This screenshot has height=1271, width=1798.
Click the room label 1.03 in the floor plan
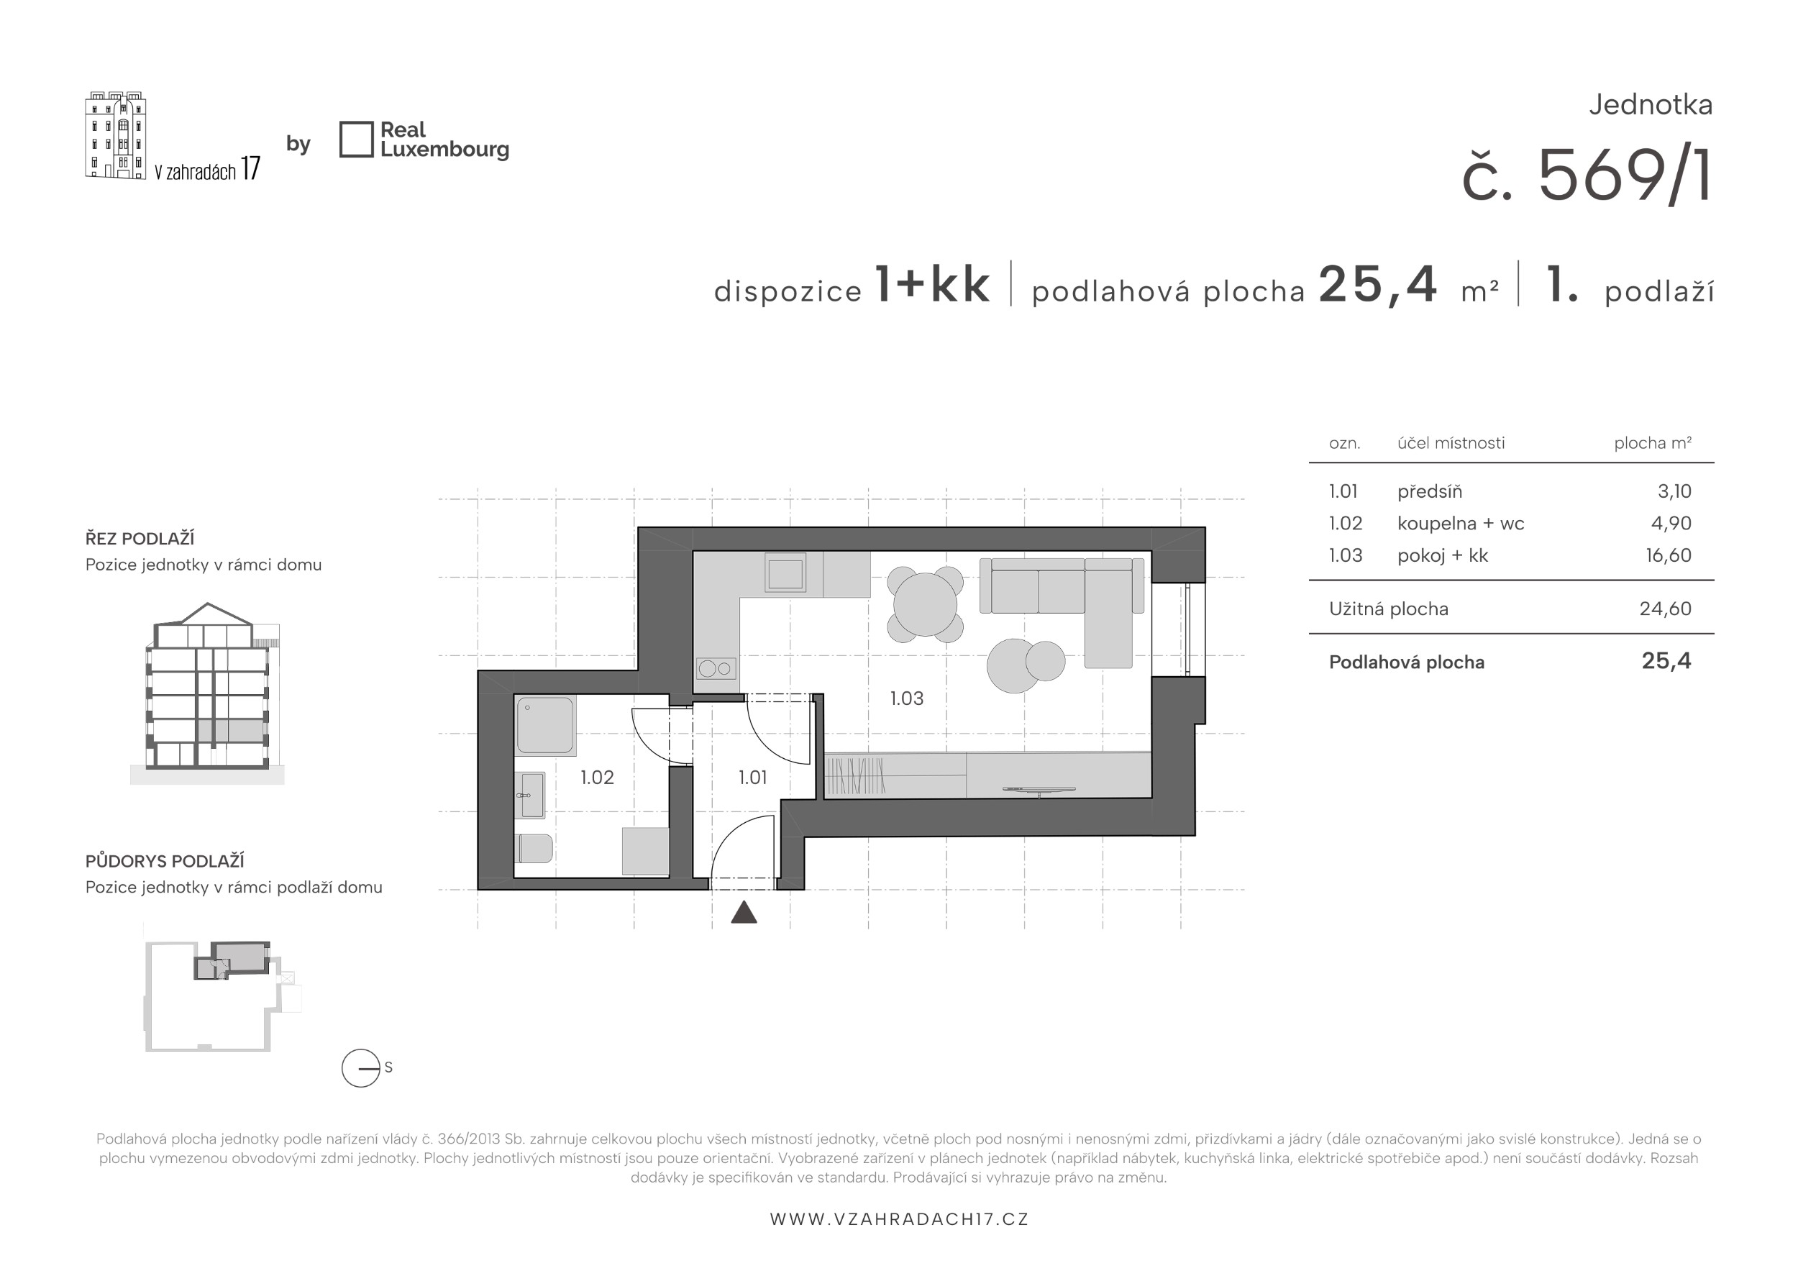click(x=906, y=698)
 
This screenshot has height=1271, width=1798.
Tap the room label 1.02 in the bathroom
click(x=597, y=777)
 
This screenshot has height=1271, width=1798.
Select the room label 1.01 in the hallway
click(x=752, y=777)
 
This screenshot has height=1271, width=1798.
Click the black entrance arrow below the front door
click(x=744, y=912)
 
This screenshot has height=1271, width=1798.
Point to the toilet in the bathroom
click(x=535, y=848)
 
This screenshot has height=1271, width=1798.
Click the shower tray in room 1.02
click(x=545, y=725)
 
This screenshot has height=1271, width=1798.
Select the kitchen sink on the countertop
click(x=785, y=573)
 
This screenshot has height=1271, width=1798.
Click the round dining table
click(x=925, y=604)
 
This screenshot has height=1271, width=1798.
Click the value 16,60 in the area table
click(x=1668, y=555)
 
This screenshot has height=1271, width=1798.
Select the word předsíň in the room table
click(x=1429, y=491)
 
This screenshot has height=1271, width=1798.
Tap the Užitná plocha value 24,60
click(x=1665, y=609)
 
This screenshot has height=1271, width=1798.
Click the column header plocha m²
click(x=1652, y=443)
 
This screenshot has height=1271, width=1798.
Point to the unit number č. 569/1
click(x=1587, y=176)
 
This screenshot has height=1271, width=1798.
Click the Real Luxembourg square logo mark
click(x=356, y=140)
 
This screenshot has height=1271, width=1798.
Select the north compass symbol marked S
click(x=361, y=1068)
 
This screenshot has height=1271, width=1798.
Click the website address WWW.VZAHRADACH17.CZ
click(x=899, y=1219)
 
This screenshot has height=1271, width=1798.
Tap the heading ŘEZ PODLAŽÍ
click(x=140, y=538)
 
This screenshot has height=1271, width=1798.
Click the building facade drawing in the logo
click(x=116, y=135)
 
